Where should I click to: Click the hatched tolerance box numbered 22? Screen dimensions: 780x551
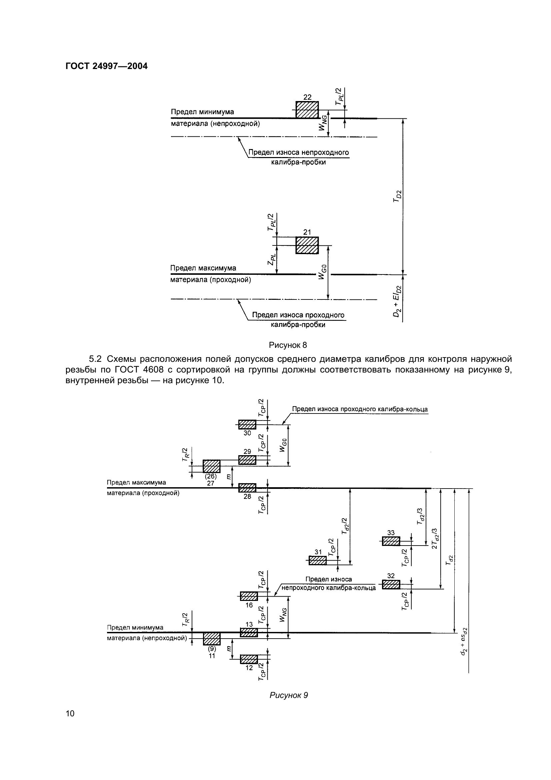coord(307,110)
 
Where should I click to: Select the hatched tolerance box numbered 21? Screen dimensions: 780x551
coord(307,245)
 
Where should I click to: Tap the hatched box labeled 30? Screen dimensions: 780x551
coord(247,425)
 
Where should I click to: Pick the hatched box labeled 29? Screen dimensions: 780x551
coord(247,460)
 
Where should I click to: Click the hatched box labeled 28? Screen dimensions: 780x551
coord(247,488)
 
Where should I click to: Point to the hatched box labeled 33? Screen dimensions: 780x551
coord(391,541)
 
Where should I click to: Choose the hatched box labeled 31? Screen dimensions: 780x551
coord(317,561)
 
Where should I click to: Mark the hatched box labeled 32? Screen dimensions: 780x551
coord(391,584)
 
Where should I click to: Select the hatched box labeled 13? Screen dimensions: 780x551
coord(249,633)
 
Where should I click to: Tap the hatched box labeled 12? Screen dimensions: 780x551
coord(249,659)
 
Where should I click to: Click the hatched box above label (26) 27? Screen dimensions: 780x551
coord(212,466)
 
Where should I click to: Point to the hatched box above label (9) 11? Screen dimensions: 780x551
coord(212,639)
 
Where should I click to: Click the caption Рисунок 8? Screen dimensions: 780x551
coord(288,345)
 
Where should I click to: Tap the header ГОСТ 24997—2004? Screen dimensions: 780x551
coord(106,66)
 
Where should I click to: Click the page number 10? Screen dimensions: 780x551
coord(70,723)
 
